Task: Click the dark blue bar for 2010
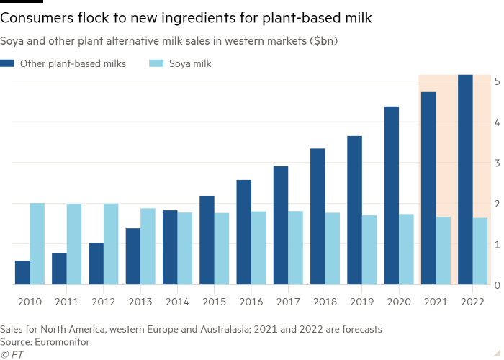coord(22,273)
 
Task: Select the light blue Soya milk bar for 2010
coord(37,244)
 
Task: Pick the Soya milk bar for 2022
coord(480,251)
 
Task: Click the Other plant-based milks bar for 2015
coord(207,240)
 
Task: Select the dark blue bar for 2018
coord(318,217)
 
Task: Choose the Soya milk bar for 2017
coord(295,248)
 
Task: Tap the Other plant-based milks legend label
coord(73,64)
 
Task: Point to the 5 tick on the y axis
coord(497,81)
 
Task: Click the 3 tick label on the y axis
coord(497,163)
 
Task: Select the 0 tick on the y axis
coord(497,285)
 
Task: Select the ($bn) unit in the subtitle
coord(323,42)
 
